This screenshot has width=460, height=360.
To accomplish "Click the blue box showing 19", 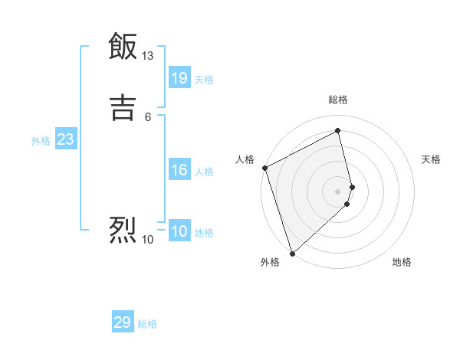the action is (x=179, y=77).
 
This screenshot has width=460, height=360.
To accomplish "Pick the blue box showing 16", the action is (x=179, y=170).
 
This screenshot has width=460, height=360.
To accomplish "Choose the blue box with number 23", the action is (x=65, y=139).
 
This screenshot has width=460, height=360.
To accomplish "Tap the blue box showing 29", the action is (x=123, y=322).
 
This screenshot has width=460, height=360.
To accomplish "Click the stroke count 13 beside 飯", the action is (x=148, y=56).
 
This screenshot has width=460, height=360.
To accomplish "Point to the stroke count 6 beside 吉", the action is (x=147, y=116).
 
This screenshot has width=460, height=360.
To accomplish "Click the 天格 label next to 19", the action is (x=204, y=80).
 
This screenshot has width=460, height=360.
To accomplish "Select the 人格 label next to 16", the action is (x=204, y=172).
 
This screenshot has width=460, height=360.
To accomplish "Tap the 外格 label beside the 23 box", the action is (x=41, y=141).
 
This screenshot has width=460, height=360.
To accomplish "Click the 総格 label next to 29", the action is (x=147, y=324).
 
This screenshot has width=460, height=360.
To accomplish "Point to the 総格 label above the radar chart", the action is (x=338, y=100).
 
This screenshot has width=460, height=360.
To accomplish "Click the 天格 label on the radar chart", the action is (x=431, y=159).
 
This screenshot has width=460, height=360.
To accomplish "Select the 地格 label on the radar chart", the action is (x=402, y=262).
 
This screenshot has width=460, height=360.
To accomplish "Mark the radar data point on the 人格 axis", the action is (x=264, y=168).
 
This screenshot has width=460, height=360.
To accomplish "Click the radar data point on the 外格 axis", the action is (x=291, y=254).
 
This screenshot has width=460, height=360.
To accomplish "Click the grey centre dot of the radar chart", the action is (x=338, y=191).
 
